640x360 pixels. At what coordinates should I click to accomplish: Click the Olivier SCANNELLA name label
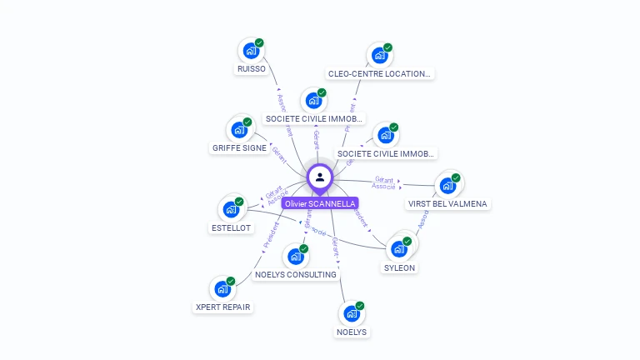320,203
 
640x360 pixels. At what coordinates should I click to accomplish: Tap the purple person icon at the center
320,177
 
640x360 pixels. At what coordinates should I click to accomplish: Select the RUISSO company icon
250,51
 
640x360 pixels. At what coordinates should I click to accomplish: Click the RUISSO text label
251,69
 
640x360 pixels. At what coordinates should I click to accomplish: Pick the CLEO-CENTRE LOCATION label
379,73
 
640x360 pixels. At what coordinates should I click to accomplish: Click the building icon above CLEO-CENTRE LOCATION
379,56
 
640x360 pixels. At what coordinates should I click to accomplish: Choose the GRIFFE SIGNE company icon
239,130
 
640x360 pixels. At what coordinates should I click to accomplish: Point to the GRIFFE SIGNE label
239,148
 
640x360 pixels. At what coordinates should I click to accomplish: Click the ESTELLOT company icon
230,209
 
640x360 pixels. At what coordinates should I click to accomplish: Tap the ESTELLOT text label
231,227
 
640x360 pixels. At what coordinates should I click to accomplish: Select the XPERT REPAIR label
222,307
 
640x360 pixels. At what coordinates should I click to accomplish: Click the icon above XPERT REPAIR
222,288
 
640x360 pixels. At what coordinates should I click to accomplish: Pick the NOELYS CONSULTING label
296,274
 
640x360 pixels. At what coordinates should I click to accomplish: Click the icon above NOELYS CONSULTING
295,257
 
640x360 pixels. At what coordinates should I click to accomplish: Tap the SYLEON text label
399,268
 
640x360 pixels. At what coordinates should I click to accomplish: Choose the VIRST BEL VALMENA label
447,203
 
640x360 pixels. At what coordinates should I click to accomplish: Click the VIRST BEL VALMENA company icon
448,185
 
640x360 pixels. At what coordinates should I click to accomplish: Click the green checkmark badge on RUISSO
259,42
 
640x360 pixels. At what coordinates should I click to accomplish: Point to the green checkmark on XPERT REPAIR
231,281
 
